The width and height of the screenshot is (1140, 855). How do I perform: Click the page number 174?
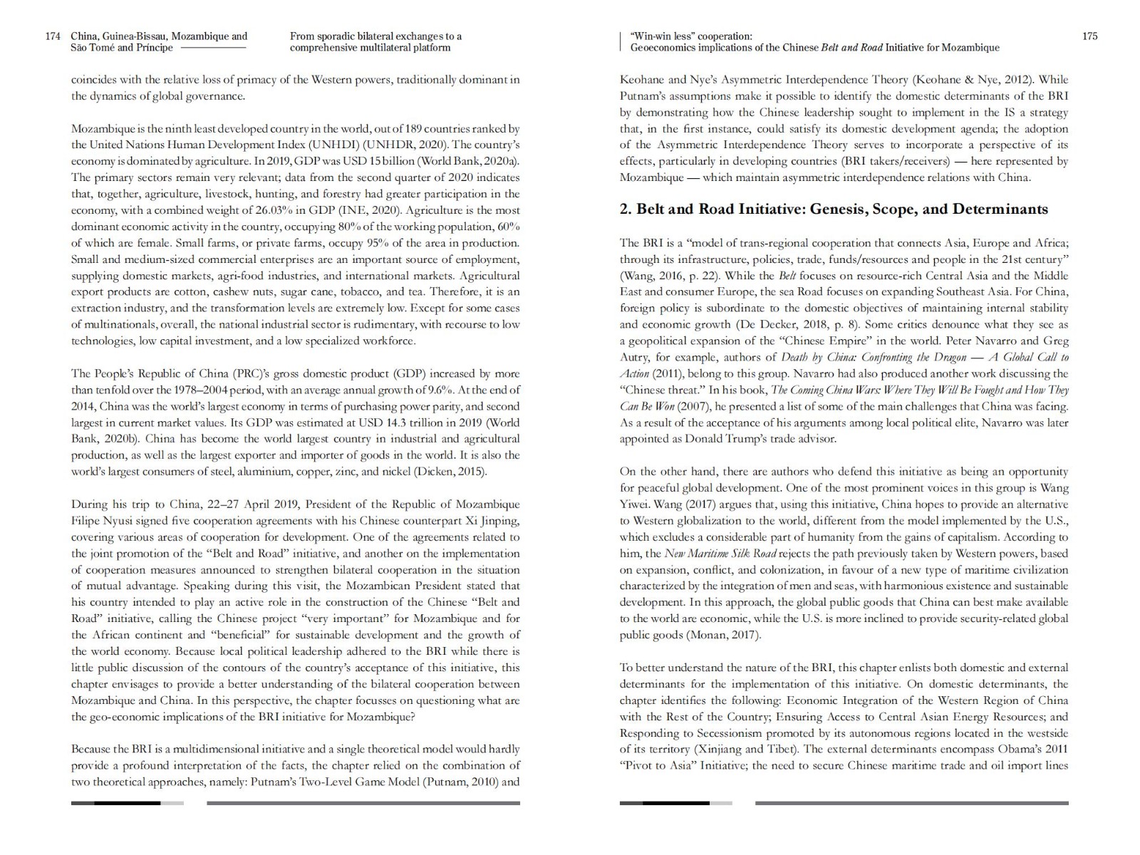tap(53, 36)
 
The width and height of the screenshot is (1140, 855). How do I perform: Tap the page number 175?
tap(1089, 36)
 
